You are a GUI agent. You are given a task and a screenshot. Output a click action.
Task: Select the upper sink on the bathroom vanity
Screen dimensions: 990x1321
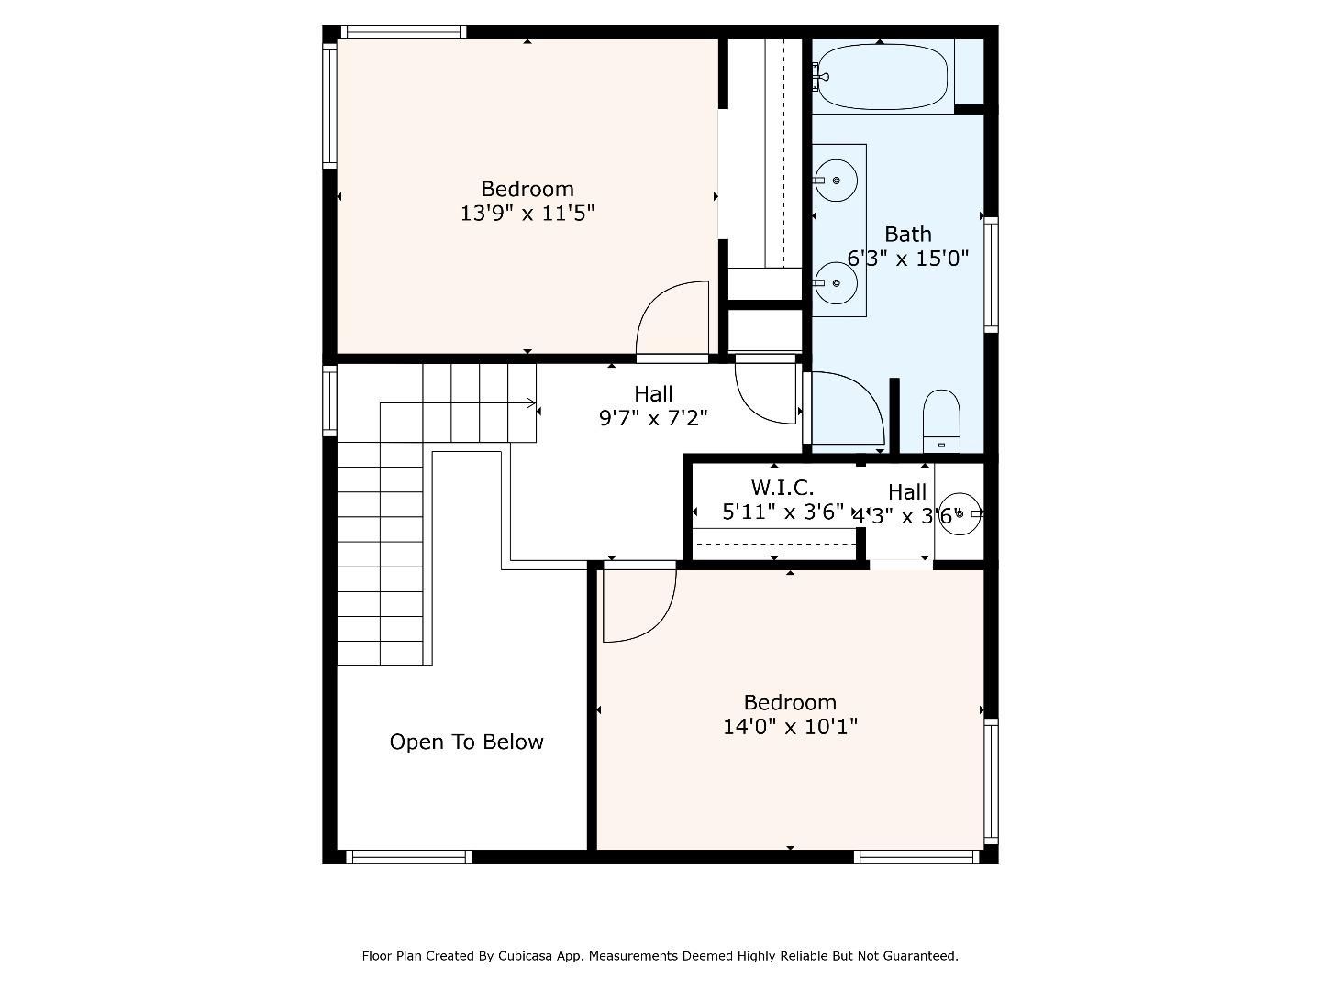[836, 180]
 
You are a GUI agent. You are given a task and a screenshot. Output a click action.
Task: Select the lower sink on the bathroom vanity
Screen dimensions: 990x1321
[836, 282]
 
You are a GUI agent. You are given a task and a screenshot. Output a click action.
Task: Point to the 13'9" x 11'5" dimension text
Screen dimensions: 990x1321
[527, 214]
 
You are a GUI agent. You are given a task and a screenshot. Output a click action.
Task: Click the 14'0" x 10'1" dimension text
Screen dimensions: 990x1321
[790, 727]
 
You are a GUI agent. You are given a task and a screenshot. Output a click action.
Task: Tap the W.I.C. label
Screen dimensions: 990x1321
[782, 488]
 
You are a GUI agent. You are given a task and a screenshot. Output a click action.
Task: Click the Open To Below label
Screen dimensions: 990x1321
[466, 742]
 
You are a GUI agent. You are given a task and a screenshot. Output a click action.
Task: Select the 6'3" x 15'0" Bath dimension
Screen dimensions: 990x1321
[907, 258]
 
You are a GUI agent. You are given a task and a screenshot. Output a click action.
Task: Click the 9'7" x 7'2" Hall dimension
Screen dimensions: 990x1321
[653, 418]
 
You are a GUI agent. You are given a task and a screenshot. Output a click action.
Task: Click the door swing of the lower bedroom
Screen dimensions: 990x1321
[638, 605]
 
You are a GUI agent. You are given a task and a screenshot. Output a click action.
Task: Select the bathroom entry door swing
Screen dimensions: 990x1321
[844, 409]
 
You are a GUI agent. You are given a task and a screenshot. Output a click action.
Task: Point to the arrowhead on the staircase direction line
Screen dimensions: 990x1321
[532, 402]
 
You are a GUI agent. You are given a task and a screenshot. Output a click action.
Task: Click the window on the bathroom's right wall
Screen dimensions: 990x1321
[991, 273]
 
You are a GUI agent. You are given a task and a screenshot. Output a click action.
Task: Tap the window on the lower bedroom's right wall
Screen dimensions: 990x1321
[991, 781]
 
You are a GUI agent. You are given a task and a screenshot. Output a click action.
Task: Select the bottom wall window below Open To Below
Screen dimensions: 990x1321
[408, 857]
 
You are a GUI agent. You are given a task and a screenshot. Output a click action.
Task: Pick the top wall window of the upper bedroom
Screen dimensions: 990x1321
[405, 32]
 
